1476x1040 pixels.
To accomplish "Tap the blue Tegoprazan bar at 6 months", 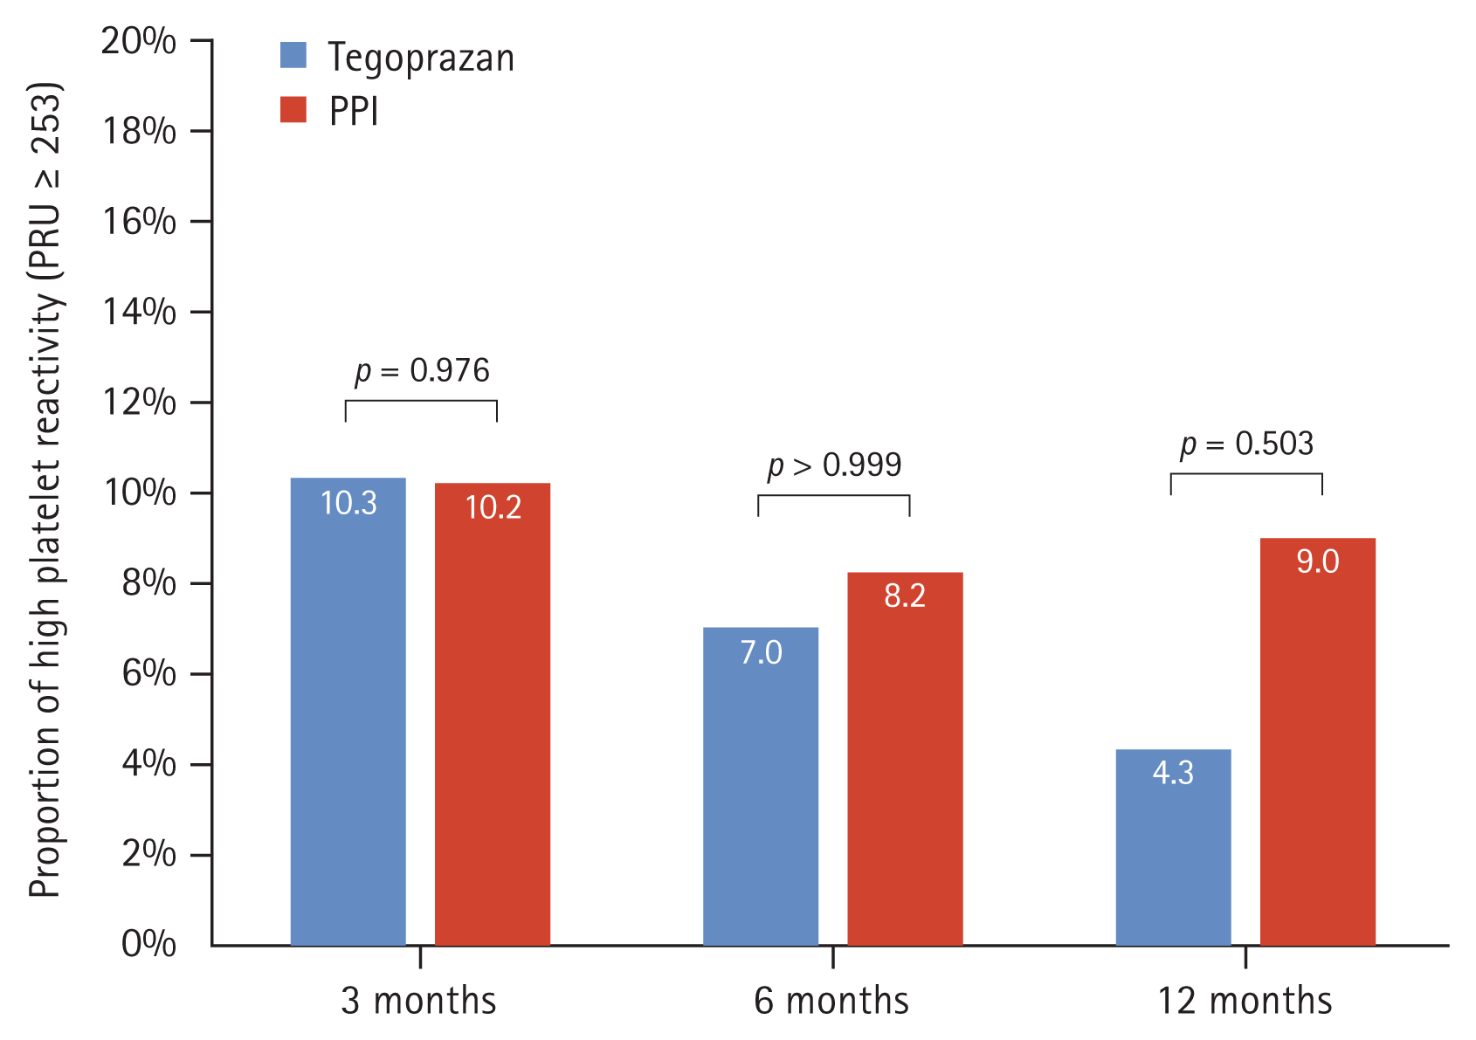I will (761, 786).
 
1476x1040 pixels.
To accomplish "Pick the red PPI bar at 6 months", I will (905, 760).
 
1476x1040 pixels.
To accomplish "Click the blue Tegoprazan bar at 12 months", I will (1173, 847).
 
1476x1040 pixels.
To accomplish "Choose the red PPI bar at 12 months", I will (1317, 742).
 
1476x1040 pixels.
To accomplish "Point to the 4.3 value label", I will (1173, 773).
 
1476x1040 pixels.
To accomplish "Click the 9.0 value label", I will (1317, 561).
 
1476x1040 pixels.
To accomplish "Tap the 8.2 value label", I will (905, 596).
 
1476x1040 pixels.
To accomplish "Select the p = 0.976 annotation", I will (422, 371).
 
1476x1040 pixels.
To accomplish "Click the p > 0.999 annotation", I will (834, 465).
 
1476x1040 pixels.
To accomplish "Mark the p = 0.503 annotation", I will (1246, 444).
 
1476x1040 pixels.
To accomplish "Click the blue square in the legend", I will (293, 55).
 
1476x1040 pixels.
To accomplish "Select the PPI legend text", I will (354, 112).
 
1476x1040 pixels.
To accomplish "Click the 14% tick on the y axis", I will (140, 312).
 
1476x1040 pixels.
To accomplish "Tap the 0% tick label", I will (148, 944).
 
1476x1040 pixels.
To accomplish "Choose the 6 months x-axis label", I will (831, 1001).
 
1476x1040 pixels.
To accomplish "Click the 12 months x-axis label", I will (1245, 1001).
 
